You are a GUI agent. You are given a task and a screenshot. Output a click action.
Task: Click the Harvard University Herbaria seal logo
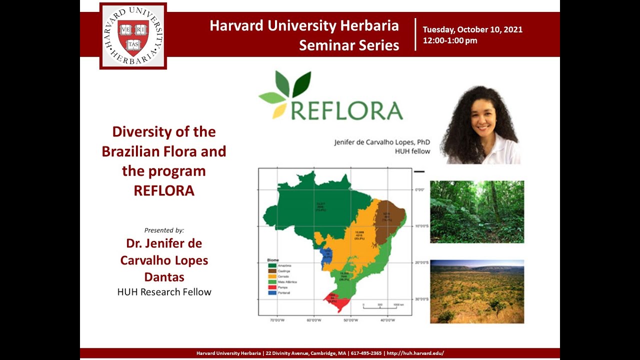(x=133, y=35)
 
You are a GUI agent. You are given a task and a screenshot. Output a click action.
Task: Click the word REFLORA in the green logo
(x=346, y=110)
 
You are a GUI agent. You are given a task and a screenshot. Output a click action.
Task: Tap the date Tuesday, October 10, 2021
(x=472, y=29)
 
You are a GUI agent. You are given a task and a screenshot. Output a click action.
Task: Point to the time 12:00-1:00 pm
(x=450, y=40)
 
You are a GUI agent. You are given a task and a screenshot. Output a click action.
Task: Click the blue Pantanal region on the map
(x=326, y=257)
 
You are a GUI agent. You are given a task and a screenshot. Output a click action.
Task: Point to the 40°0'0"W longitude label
(x=388, y=320)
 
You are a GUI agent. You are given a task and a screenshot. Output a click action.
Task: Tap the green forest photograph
(x=477, y=212)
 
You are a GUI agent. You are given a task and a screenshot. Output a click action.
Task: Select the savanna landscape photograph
(x=477, y=291)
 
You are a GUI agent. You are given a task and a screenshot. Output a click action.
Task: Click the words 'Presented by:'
(x=164, y=230)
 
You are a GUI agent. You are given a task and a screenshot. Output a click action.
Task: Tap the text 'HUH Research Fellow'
(x=164, y=292)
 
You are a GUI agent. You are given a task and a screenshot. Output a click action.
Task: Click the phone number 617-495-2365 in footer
(x=366, y=353)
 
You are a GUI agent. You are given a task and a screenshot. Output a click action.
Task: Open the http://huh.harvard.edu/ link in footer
(x=415, y=353)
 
